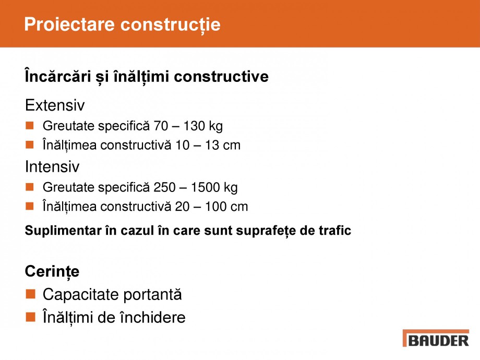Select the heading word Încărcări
click(55, 77)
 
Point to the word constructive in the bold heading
click(221, 77)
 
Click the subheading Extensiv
click(55, 106)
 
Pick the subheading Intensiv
click(52, 167)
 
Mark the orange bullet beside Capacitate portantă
click(30, 295)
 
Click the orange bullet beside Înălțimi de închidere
click(30, 317)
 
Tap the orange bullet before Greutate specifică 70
click(30, 126)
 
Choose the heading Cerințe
click(52, 272)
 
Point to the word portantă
click(153, 295)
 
